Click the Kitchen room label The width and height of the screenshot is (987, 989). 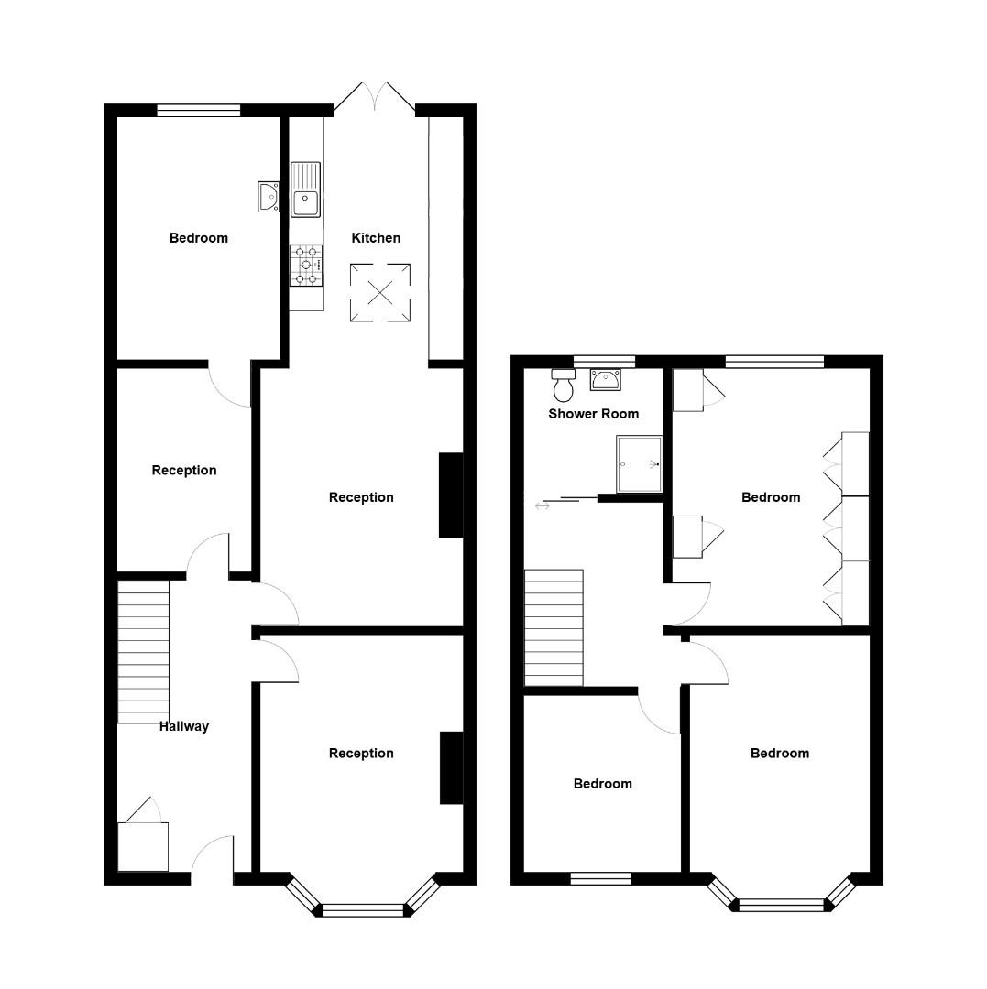click(376, 238)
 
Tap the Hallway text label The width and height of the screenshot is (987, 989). click(184, 726)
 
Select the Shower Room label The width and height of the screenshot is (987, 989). click(593, 414)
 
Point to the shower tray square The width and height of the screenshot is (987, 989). click(639, 463)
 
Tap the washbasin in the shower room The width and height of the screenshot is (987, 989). click(605, 378)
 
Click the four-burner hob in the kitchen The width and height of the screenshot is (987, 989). click(306, 265)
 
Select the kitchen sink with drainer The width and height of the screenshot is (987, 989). click(306, 190)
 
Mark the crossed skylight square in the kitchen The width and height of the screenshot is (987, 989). click(379, 293)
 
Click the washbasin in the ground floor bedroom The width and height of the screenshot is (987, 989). click(269, 197)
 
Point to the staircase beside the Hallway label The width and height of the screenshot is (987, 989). click(144, 651)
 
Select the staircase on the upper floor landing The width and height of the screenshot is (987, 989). click(554, 627)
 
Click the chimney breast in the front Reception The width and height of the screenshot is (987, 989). click(451, 767)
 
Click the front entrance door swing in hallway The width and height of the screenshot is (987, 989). click(211, 856)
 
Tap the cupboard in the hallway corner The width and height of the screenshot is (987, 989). click(143, 846)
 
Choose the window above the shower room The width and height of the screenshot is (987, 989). click(604, 362)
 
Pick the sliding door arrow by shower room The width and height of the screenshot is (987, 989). click(543, 504)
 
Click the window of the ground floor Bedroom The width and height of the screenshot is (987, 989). click(198, 111)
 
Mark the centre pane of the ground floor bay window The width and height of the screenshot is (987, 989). click(363, 909)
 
